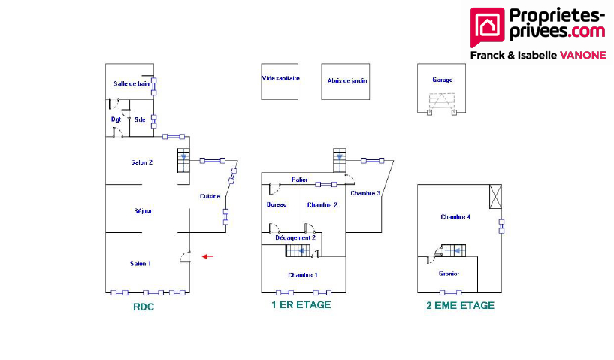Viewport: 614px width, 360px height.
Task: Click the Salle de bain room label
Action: click(x=132, y=83)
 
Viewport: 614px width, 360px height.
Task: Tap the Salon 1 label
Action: click(x=141, y=263)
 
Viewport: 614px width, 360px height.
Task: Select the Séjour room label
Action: click(x=143, y=211)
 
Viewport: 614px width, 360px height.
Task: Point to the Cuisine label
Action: click(x=210, y=196)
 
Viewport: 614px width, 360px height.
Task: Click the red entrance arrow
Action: click(x=207, y=257)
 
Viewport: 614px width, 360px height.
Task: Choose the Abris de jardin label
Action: click(x=347, y=80)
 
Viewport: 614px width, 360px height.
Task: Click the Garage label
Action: click(x=442, y=79)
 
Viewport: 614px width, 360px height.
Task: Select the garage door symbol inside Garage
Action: click(x=442, y=101)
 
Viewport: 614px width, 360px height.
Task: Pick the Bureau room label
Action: click(x=277, y=204)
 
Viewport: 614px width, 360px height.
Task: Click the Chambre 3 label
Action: click(x=365, y=193)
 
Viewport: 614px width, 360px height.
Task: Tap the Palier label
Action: click(x=300, y=180)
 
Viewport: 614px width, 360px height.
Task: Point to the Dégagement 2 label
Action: click(x=295, y=237)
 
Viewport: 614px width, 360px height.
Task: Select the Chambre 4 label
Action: click(x=455, y=216)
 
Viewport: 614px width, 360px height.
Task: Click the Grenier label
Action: click(x=449, y=274)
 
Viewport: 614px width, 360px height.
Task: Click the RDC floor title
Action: click(x=144, y=306)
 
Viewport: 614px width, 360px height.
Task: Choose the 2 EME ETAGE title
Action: click(x=460, y=305)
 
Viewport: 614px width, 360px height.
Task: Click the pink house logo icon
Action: click(x=486, y=27)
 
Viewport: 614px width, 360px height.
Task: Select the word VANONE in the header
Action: click(x=581, y=55)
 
